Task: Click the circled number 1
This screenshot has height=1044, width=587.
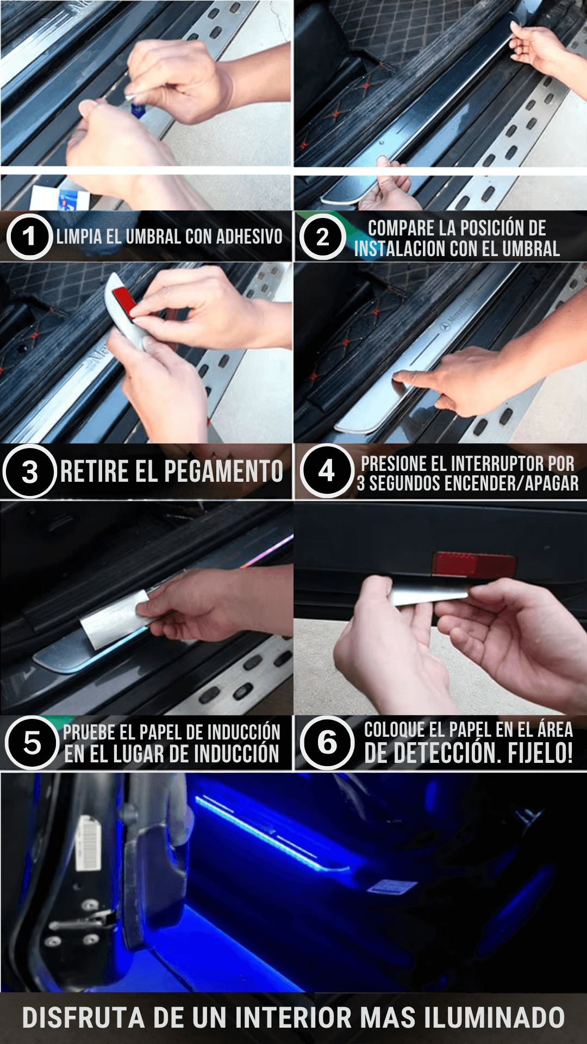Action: (29, 237)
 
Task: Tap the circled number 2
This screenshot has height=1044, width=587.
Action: (323, 237)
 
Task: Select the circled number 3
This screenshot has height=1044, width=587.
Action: (30, 471)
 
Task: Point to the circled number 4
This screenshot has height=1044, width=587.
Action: (327, 471)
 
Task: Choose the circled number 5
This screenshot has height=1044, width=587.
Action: (32, 743)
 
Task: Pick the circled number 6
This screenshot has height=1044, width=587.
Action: (327, 743)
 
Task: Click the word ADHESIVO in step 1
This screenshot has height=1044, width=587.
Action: (249, 237)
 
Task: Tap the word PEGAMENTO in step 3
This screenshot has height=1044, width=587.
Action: (223, 471)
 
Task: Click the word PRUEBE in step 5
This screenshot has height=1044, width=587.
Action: (90, 732)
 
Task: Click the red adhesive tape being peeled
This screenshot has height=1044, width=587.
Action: (124, 302)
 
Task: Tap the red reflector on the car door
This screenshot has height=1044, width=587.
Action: (473, 564)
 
